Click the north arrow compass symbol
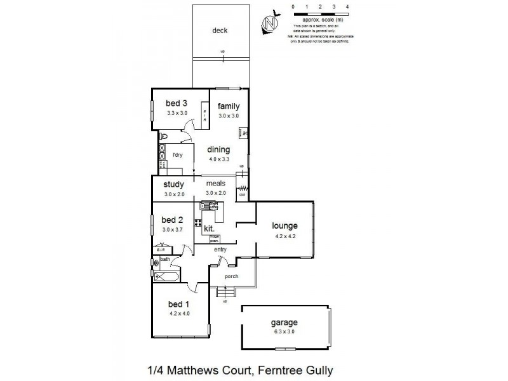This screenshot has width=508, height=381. pos(272,23)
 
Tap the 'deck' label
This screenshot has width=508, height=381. pos(220,30)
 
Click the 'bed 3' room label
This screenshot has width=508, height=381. pos(177,104)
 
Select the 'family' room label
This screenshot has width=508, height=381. pos(229,106)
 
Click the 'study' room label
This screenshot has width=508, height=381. pos(173,185)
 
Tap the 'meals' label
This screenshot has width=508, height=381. pos(215,184)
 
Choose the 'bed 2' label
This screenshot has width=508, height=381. pos(173,220)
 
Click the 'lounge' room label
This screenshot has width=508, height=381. pos(285,225)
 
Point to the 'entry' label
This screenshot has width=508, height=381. pos(220,250)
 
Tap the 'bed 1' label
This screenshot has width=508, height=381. pos(178,304)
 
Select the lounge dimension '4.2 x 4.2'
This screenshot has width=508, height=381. pos(285,236)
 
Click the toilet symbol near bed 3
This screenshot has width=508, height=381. pos(164,136)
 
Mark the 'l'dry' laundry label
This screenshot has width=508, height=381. pos(178,155)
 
